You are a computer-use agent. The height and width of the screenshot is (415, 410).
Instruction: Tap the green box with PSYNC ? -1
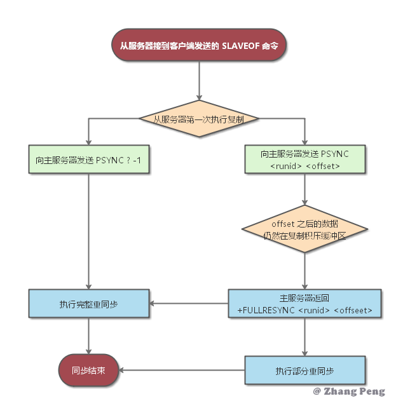(x=89, y=160)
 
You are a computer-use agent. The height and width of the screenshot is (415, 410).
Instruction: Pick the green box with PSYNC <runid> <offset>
(x=305, y=160)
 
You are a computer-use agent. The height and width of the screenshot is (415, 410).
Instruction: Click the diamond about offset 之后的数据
(x=305, y=229)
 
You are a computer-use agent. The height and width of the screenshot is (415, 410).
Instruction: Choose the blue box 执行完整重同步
(x=89, y=304)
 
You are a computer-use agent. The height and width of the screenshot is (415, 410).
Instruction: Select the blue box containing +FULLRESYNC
(x=305, y=304)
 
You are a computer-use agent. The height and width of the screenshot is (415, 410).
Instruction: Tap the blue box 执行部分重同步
(x=305, y=370)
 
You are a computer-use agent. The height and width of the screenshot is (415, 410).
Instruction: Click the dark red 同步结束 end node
(x=88, y=370)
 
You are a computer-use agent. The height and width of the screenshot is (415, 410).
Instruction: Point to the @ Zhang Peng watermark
(x=349, y=391)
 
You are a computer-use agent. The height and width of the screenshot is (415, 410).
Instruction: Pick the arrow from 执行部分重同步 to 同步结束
(x=181, y=370)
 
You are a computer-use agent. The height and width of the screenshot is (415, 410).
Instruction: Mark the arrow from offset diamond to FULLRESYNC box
(x=305, y=271)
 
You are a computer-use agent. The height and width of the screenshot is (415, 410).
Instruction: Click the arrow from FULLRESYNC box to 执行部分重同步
(x=305, y=336)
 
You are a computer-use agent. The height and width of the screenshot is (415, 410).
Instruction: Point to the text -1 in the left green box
(x=144, y=160)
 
